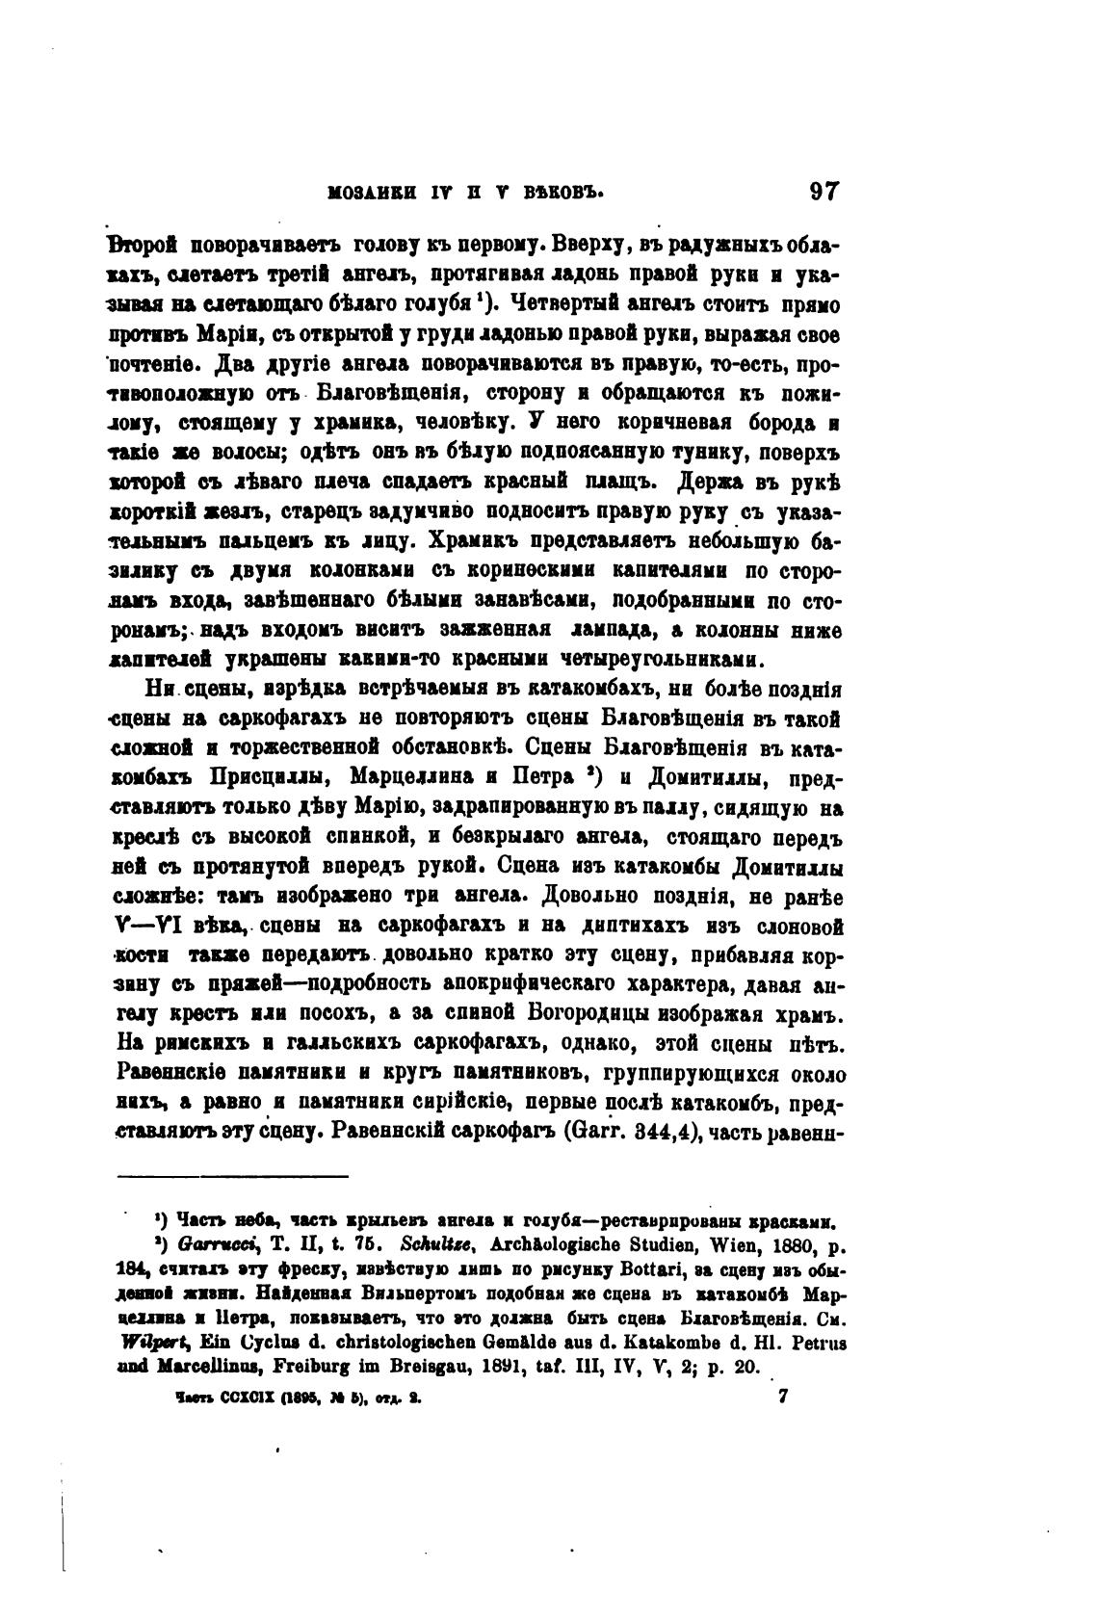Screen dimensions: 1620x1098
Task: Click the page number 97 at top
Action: click(x=825, y=192)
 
